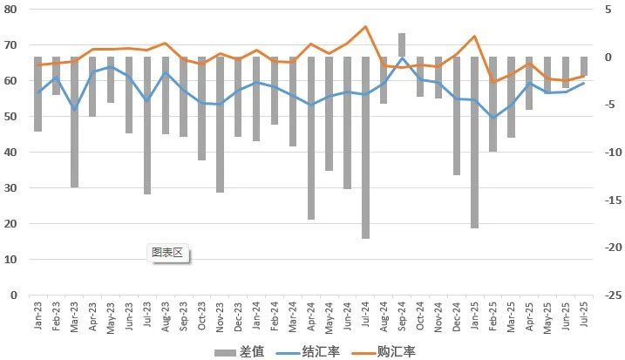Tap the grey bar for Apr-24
pyautogui.click(x=311, y=138)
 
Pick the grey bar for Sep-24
pyautogui.click(x=402, y=45)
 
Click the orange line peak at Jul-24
pyautogui.click(x=365, y=27)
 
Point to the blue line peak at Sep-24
pyautogui.click(x=402, y=58)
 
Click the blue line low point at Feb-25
pyautogui.click(x=493, y=118)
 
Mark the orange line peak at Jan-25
pyautogui.click(x=474, y=37)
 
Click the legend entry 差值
pyautogui.click(x=238, y=351)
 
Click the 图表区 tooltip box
pyautogui.click(x=166, y=253)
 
